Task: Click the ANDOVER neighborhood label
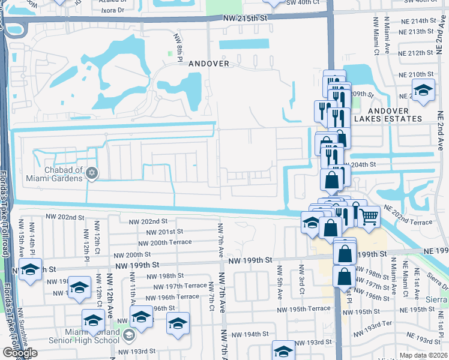click(x=209, y=63)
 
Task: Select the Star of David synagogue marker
click(x=91, y=173)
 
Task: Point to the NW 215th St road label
click(x=244, y=18)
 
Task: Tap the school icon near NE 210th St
click(x=423, y=91)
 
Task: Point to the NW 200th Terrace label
click(x=164, y=242)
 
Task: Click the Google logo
click(x=19, y=353)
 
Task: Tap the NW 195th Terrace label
click(x=304, y=308)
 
